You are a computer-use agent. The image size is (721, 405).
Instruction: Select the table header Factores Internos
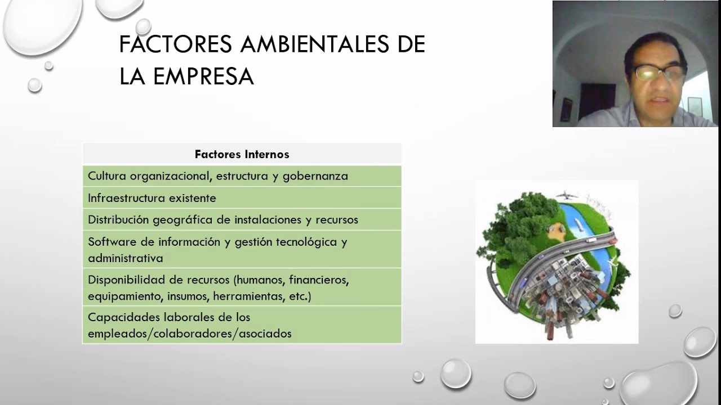(x=242, y=154)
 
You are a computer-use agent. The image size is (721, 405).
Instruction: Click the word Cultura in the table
(x=106, y=175)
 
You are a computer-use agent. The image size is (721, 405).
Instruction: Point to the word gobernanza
(x=315, y=175)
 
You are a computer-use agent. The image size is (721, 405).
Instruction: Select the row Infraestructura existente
(x=152, y=198)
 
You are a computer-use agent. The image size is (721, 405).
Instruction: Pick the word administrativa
(x=126, y=258)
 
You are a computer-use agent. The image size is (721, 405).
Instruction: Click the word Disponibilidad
(x=124, y=280)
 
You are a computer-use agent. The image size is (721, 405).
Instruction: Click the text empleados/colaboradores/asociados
(x=190, y=334)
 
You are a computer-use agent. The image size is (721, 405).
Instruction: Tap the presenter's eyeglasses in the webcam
(x=658, y=72)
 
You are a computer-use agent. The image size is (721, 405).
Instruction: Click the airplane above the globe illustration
(x=567, y=196)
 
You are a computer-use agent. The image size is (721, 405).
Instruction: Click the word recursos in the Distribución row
(x=337, y=219)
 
